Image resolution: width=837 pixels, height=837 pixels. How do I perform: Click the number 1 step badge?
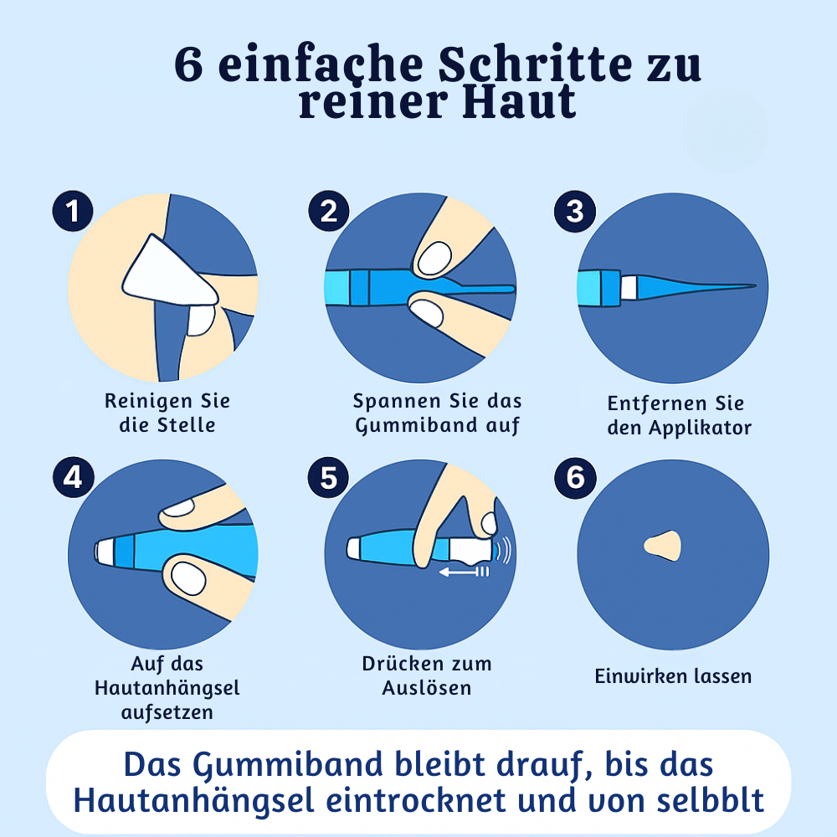click(x=74, y=212)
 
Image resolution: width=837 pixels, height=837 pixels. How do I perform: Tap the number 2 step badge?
click(x=328, y=212)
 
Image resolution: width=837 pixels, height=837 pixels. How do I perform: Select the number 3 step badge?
click(x=575, y=212)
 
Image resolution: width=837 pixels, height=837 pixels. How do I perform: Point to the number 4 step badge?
click(x=74, y=478)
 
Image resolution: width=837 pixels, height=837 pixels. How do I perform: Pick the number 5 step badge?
click(x=328, y=478)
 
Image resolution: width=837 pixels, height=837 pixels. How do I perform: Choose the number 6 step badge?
click(x=575, y=478)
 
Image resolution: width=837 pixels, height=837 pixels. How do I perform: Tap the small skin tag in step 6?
click(x=664, y=545)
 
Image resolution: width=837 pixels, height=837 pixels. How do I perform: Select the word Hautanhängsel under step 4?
click(x=167, y=688)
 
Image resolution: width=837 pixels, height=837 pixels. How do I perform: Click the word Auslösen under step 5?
click(x=427, y=688)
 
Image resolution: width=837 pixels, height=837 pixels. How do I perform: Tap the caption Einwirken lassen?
click(x=673, y=676)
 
